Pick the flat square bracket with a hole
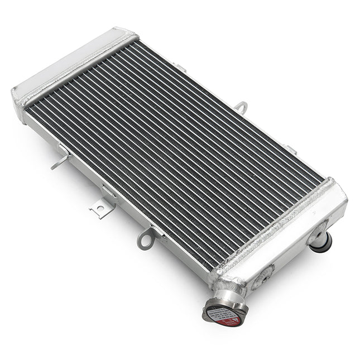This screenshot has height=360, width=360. (101, 208)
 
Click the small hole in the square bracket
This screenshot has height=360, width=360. (100, 210)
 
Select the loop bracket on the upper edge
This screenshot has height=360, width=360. (241, 107)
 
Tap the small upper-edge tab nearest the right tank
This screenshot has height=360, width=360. (290, 149)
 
